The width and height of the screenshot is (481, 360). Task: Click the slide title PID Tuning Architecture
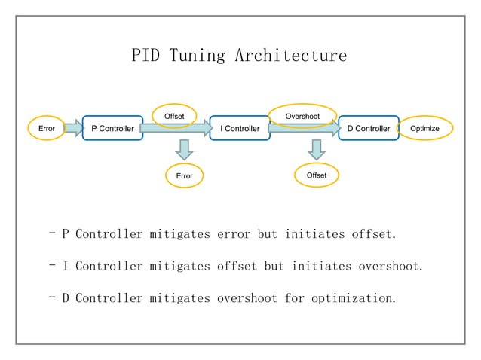tap(239, 56)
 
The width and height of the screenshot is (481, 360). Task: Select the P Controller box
tap(112, 129)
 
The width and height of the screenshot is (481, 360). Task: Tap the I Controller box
tap(240, 129)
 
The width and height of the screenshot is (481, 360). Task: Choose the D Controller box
tap(368, 129)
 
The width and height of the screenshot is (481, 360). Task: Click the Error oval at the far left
tap(47, 129)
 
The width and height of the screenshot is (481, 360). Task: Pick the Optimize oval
tap(425, 129)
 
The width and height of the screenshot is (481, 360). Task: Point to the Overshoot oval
tap(302, 116)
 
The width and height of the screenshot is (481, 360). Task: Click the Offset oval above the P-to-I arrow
tap(174, 116)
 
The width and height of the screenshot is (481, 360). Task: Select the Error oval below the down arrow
tap(184, 175)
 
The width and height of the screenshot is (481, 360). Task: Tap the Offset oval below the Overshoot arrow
tap(317, 175)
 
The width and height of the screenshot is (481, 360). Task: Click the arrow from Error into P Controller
tap(73, 129)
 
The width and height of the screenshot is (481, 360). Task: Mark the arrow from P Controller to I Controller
tap(176, 130)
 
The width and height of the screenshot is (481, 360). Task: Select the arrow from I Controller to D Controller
tap(304, 130)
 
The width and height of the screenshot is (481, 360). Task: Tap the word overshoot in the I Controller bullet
tap(390, 266)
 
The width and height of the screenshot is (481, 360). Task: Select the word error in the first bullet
tap(234, 234)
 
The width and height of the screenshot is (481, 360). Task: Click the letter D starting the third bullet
tap(66, 298)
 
